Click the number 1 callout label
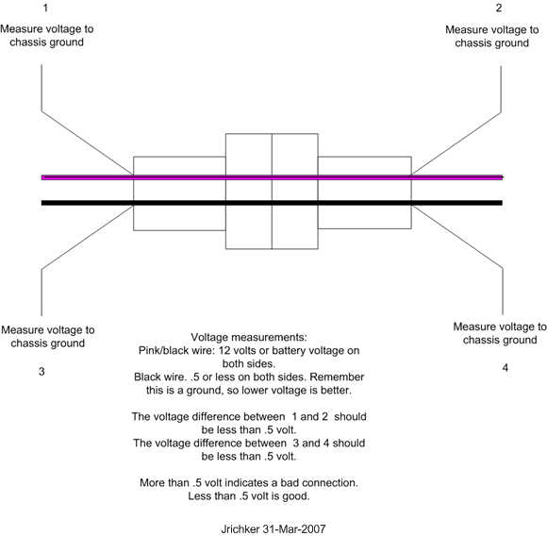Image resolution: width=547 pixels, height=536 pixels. click(45, 8)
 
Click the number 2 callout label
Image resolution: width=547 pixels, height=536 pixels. click(499, 8)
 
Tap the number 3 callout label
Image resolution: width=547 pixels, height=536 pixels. click(41, 372)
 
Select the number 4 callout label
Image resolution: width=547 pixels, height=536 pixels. click(506, 368)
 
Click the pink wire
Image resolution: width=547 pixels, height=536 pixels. click(273, 177)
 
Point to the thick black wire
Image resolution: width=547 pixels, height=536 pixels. click(273, 203)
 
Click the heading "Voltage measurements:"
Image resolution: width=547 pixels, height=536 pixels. click(249, 338)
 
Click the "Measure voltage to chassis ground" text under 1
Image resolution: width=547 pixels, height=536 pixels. click(47, 36)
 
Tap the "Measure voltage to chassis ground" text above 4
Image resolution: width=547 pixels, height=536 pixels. click(500, 333)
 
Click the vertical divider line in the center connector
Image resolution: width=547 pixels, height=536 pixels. click(272, 192)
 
